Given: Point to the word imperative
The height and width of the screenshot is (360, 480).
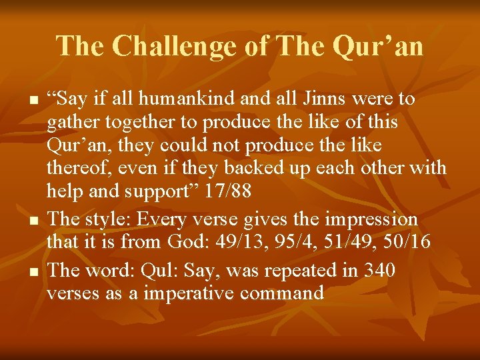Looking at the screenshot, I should coord(179,293).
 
